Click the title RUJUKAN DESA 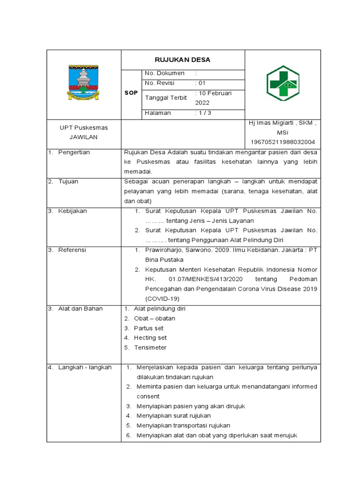click(x=182, y=60)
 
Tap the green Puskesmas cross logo click(x=283, y=83)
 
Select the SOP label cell click(x=131, y=93)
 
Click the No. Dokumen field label click(x=165, y=74)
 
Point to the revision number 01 click(x=202, y=83)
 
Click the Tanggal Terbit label click(x=166, y=97)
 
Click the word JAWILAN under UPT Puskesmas click(x=83, y=137)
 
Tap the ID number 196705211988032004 click(x=283, y=142)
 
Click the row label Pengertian click(x=74, y=152)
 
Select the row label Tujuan click(x=69, y=181)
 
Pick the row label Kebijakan click(x=73, y=211)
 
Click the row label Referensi click(x=72, y=250)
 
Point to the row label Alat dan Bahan click(x=80, y=308)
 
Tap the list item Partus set click(x=149, y=328)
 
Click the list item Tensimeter click(x=150, y=347)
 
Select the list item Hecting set click(x=150, y=337)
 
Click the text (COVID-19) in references click(x=162, y=299)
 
